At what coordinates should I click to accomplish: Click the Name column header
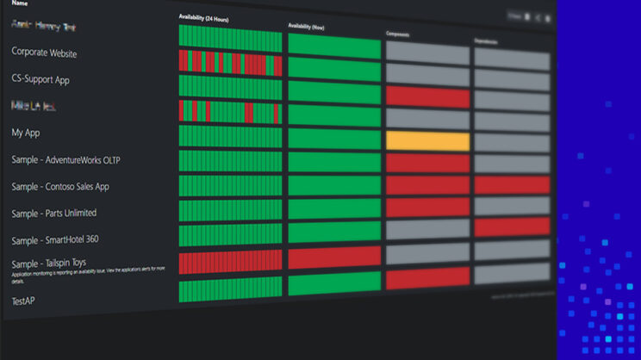coord(19,3)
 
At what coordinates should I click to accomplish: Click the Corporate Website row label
coord(44,53)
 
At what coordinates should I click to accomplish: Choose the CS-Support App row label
coord(40,80)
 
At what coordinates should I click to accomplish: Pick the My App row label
coord(26,133)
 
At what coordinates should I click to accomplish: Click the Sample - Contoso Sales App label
coord(60,187)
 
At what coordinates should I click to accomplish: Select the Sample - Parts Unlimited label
coord(54,213)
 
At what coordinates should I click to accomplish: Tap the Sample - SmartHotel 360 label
coord(55,239)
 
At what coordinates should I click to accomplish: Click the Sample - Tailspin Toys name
coord(49,264)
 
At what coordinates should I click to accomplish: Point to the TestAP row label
coord(24,301)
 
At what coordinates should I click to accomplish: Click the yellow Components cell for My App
coord(427,141)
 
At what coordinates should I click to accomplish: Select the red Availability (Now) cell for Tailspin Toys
coord(334,257)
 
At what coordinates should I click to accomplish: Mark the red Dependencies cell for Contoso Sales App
coord(512,185)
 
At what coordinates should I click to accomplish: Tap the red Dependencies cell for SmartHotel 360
coord(512,227)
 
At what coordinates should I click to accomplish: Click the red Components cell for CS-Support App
coord(427,97)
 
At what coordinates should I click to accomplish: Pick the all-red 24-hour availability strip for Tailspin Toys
coord(230,262)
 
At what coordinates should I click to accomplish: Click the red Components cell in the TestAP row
coord(427,279)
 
